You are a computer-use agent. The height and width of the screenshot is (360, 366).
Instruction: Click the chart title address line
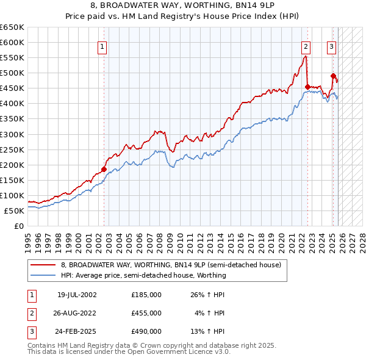[x=183, y=5]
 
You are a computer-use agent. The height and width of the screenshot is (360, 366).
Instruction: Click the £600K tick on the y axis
[x=12, y=43]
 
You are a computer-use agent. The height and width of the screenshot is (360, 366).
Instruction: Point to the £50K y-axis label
[x=14, y=211]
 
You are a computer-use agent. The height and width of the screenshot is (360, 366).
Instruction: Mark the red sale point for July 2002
[x=104, y=169]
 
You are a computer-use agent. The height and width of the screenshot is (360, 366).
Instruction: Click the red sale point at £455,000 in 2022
[x=307, y=87]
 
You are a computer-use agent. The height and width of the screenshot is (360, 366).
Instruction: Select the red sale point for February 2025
[x=334, y=76]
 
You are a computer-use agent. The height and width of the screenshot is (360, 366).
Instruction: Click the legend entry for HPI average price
[x=143, y=275]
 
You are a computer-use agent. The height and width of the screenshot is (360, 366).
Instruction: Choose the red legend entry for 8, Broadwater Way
[x=171, y=265]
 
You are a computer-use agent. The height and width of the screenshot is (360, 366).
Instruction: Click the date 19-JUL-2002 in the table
[x=77, y=294]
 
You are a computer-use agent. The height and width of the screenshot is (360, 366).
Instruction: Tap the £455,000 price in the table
[x=146, y=313]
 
